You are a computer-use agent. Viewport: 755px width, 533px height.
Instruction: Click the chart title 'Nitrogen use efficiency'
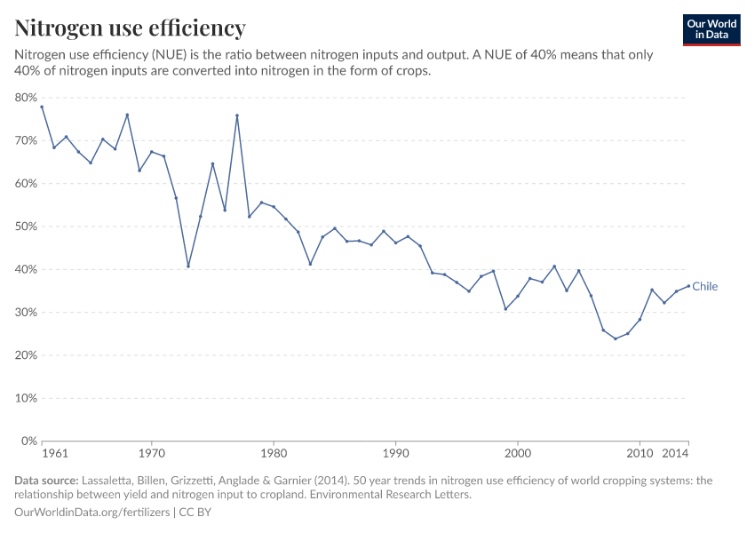click(131, 28)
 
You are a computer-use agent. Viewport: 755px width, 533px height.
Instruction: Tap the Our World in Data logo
click(711, 29)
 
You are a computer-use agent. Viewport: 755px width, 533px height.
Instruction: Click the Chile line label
click(704, 286)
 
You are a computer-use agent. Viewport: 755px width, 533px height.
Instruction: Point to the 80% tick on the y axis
click(26, 98)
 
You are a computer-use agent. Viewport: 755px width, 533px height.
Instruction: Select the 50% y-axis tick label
click(26, 227)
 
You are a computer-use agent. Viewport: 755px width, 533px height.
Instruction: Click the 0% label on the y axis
click(29, 442)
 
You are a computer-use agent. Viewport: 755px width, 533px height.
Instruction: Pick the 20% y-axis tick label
click(26, 355)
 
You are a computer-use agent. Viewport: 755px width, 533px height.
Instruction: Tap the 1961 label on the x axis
click(55, 454)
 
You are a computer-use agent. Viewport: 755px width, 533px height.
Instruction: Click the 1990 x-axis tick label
click(395, 454)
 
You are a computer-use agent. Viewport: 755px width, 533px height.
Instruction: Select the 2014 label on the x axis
click(675, 454)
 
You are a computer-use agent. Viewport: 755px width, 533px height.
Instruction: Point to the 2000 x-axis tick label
click(518, 454)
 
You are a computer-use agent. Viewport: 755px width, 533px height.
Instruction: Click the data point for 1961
click(42, 107)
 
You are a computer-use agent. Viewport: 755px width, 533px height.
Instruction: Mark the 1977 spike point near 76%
click(237, 115)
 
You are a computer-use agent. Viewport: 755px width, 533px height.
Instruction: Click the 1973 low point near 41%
click(188, 266)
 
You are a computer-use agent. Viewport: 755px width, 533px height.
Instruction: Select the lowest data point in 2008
click(615, 338)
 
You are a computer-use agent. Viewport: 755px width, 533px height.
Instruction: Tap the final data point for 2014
click(688, 286)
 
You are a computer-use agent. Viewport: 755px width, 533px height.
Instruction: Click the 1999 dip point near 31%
click(505, 309)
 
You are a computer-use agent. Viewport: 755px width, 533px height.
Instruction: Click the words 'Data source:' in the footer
click(45, 481)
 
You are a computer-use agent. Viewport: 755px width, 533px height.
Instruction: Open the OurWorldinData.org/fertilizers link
click(94, 513)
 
